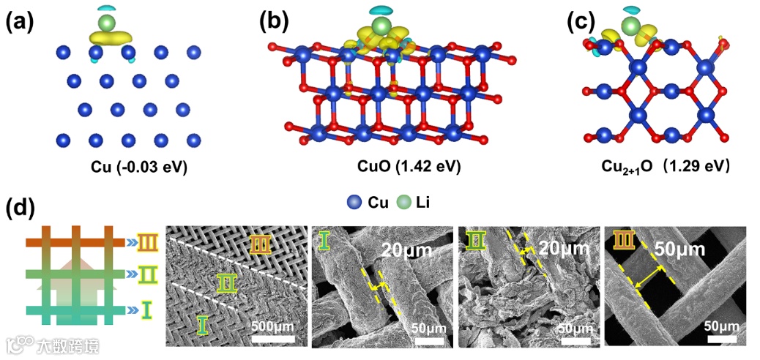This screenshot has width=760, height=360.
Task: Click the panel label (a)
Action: [20, 22]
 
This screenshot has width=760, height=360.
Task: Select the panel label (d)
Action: [20, 208]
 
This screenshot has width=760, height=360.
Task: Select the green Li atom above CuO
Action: [379, 28]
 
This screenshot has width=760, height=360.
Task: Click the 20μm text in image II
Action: [564, 249]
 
